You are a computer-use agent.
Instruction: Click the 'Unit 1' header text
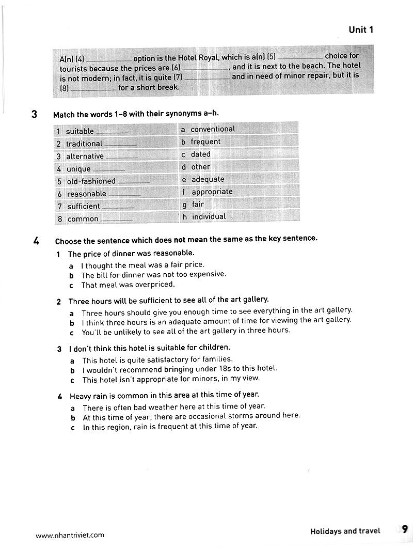361,30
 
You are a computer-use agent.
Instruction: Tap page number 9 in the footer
404,529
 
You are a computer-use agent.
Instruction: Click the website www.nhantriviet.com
70,536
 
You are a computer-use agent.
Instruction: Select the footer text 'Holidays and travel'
345,531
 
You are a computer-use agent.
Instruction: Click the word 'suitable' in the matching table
80,131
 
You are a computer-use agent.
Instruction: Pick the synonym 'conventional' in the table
213,129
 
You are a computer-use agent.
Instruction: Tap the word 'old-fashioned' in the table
91,181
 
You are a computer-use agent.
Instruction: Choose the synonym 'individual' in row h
209,217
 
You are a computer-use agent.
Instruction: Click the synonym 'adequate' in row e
208,179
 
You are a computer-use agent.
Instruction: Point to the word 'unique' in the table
78,169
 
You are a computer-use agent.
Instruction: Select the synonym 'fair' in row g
198,204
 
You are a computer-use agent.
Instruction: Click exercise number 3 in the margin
34,114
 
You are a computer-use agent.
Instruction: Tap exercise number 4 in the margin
36,241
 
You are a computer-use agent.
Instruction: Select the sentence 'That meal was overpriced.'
128,285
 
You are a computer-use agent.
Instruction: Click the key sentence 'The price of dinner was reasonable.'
131,254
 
